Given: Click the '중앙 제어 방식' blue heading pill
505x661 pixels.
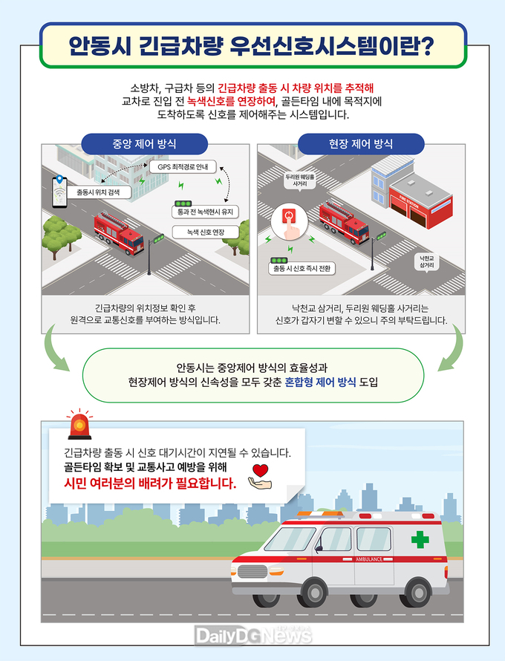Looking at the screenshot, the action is [144, 144].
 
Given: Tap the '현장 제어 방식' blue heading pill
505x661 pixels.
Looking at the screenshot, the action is [361, 144].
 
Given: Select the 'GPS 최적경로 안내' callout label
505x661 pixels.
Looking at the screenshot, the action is [183, 167].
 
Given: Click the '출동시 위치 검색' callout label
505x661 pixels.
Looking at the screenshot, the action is [98, 192].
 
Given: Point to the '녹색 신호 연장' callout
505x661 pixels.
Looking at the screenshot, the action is [205, 232].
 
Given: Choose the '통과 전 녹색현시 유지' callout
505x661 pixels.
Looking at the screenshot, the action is [205, 212].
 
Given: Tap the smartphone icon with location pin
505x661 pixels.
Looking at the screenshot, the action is [59, 192].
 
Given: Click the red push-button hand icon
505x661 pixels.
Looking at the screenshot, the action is [289, 221].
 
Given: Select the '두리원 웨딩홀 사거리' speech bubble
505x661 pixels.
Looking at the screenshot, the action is [300, 181].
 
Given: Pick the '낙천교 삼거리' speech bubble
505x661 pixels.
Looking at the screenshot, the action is [426, 261].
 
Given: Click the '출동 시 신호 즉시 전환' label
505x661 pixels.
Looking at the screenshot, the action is [302, 269].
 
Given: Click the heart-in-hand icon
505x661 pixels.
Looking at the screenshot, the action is [260, 477].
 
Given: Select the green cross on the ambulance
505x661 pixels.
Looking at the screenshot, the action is [420, 539].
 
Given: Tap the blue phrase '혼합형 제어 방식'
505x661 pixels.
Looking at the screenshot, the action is [320, 382].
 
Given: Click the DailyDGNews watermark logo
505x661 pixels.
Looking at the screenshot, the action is [253, 635].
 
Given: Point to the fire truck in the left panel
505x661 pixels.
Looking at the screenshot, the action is [119, 232].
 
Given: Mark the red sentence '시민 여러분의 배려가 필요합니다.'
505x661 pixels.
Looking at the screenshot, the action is [150, 483].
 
